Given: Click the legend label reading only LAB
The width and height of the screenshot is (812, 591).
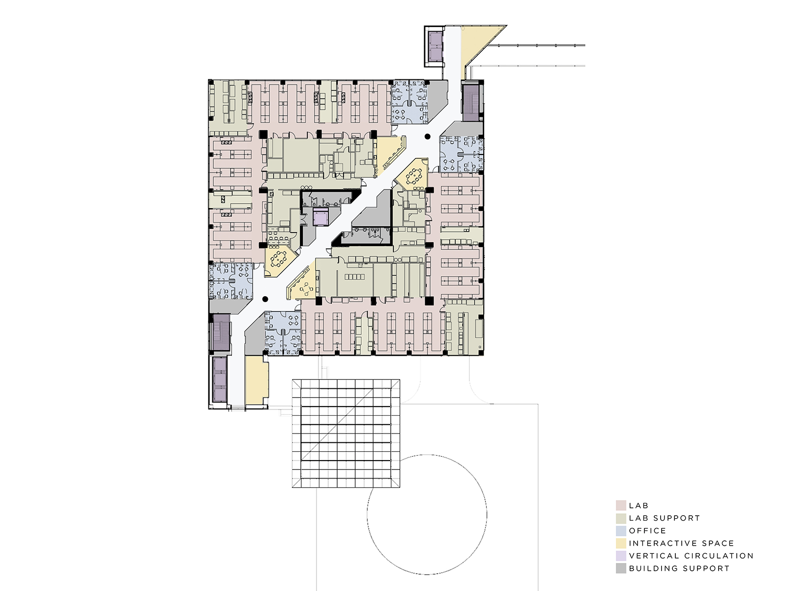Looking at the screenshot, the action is (x=638, y=505).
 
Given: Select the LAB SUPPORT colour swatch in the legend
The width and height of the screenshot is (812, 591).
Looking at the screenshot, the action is (x=621, y=518).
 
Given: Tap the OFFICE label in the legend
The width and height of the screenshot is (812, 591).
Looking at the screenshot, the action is (x=647, y=531).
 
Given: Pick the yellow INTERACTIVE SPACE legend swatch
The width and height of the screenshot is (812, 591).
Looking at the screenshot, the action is (x=621, y=543).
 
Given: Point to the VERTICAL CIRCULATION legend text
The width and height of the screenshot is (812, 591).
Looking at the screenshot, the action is (x=691, y=556).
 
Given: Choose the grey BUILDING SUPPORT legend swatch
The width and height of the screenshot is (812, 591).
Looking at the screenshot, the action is (x=621, y=568).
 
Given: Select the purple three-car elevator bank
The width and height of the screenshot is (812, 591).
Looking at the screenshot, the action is (x=220, y=379).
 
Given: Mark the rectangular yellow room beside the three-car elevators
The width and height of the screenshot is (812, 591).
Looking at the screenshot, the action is (x=257, y=380).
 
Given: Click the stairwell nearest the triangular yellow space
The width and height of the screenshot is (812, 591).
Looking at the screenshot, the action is (x=471, y=102).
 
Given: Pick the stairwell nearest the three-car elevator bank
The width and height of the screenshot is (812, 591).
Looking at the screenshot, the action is (x=220, y=332).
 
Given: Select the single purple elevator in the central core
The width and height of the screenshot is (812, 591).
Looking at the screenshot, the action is (x=320, y=218).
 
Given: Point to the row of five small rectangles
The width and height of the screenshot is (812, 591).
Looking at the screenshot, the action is (x=354, y=277).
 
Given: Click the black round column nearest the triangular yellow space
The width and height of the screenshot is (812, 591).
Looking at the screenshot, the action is (x=428, y=137).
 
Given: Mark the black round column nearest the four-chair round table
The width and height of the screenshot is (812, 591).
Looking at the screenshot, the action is (x=265, y=299).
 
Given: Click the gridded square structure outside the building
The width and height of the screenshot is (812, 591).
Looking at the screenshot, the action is (x=346, y=434).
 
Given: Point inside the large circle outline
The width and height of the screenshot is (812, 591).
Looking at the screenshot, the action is (x=427, y=514).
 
